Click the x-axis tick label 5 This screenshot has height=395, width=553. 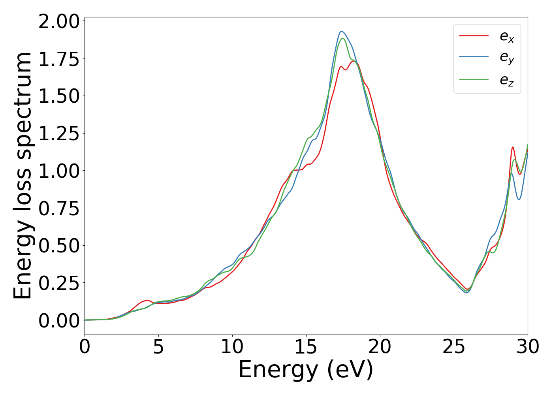point(158,347)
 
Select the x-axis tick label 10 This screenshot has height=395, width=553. point(232,347)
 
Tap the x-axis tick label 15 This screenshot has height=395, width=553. point(306,347)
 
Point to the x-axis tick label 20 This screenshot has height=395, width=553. point(380,347)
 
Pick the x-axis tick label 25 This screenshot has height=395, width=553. point(454,347)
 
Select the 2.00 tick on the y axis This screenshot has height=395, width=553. point(59,21)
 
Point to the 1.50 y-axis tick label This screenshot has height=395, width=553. point(59,96)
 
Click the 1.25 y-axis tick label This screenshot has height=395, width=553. point(59,134)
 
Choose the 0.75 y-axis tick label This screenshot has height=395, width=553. point(59,208)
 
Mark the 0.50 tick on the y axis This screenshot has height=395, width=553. point(59,246)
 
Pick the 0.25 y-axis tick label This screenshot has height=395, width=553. point(59,283)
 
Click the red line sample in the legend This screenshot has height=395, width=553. point(474,36)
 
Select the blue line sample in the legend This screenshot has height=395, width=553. point(474,58)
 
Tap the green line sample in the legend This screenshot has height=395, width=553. point(474,79)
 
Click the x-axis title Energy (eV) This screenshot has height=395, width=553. point(306,370)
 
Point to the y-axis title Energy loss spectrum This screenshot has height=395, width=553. point(23,175)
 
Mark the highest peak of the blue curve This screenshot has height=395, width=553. point(342,31)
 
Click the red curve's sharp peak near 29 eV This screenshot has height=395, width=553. point(513,147)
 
